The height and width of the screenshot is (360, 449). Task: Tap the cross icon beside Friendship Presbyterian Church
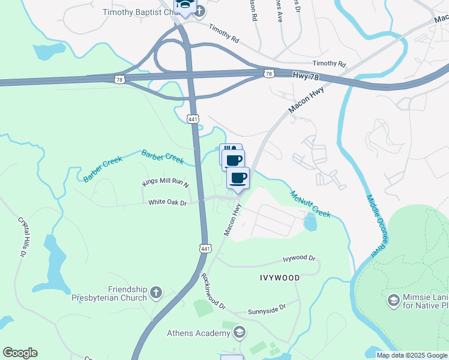pyautogui.click(x=155, y=293)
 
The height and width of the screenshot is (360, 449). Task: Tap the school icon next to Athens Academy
pyautogui.click(x=239, y=332)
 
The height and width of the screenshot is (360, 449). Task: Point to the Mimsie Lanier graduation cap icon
pyautogui.click(x=394, y=300)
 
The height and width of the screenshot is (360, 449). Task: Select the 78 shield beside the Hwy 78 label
pyautogui.click(x=268, y=73)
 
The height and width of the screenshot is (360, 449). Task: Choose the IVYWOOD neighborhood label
pyautogui.click(x=279, y=278)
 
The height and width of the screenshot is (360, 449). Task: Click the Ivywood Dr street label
pyautogui.click(x=299, y=259)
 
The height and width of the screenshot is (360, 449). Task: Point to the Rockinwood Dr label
pyautogui.click(x=213, y=292)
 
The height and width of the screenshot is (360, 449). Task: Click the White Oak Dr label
pyautogui.click(x=168, y=203)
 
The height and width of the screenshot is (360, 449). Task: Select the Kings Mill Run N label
pyautogui.click(x=165, y=182)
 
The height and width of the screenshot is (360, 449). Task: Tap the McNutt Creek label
pyautogui.click(x=310, y=204)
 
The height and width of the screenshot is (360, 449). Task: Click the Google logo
pyautogui.click(x=20, y=353)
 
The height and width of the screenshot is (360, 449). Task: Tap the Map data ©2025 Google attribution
pyautogui.click(x=412, y=355)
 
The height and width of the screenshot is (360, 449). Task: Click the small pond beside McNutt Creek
pyautogui.click(x=310, y=222)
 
